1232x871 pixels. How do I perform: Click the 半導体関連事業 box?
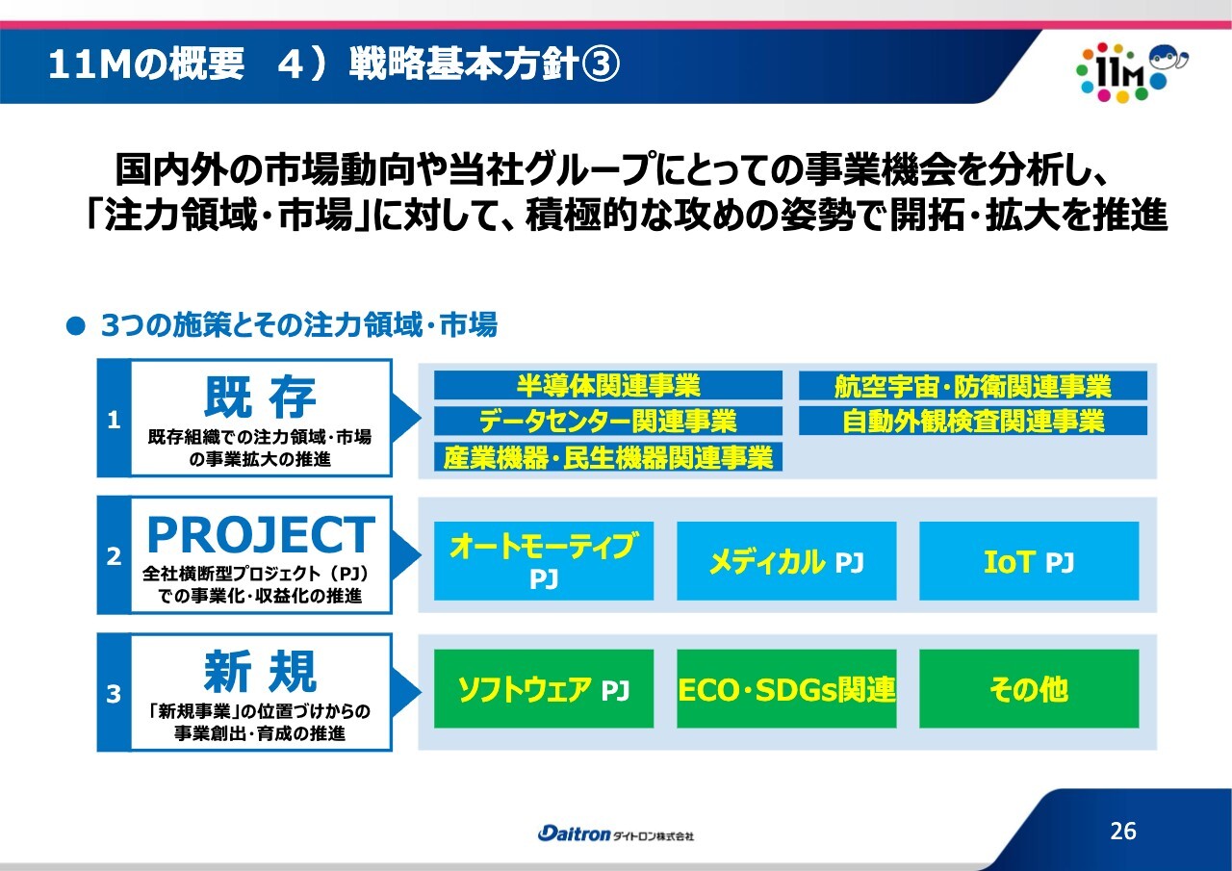(x=607, y=385)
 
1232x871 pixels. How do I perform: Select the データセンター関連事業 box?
(x=607, y=421)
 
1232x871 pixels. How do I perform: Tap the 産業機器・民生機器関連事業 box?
(x=607, y=457)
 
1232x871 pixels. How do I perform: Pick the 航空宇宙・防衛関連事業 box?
(x=972, y=385)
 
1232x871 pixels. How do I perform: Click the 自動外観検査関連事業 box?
(x=972, y=421)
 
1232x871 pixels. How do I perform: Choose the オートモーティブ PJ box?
(x=544, y=561)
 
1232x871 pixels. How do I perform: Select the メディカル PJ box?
(x=786, y=561)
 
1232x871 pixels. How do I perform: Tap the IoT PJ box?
(x=1029, y=561)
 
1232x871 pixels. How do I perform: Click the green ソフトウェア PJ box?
(x=544, y=689)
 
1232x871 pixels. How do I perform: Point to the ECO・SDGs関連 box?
(x=786, y=689)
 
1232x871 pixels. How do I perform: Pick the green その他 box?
(x=1029, y=689)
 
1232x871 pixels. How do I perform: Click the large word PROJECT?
(x=261, y=534)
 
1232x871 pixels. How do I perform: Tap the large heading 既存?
(x=260, y=397)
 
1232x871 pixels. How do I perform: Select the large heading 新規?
(x=260, y=672)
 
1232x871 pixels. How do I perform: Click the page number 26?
(x=1123, y=831)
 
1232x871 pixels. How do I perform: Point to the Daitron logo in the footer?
(x=615, y=834)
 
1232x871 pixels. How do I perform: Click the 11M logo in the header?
(x=1132, y=72)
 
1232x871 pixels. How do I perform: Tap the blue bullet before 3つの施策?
(x=75, y=326)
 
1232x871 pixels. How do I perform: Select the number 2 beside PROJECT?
(x=114, y=556)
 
